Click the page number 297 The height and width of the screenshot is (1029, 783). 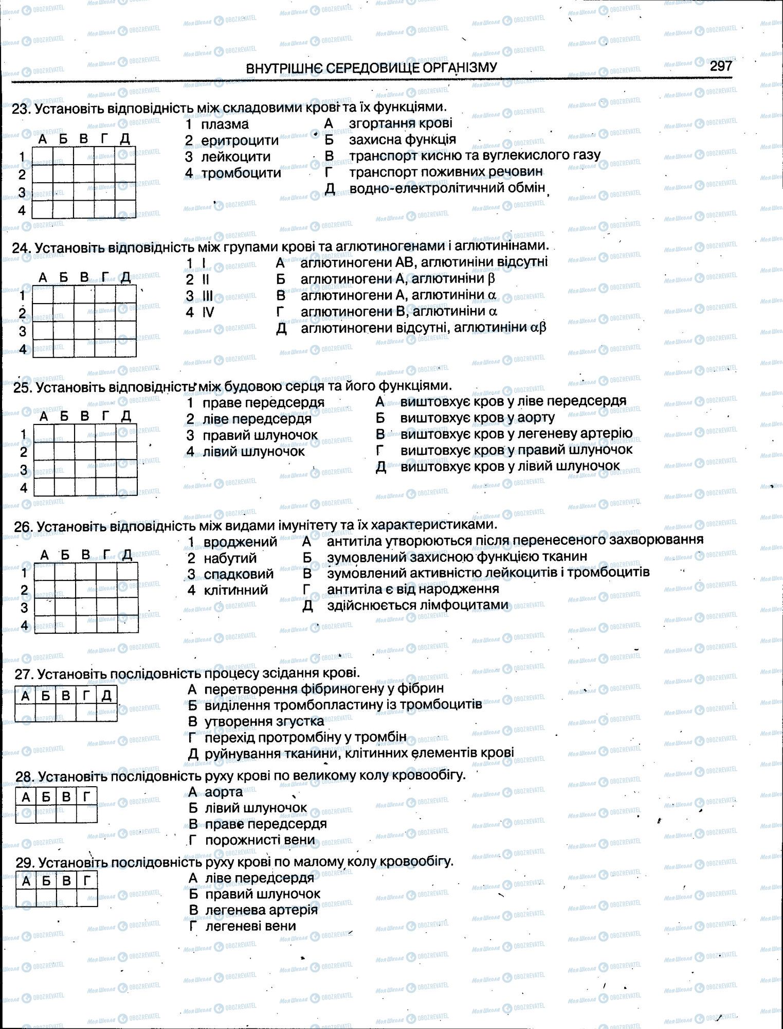[721, 66]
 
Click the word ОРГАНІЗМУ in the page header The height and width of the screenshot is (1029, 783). [461, 68]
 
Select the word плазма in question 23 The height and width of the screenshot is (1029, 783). [225, 124]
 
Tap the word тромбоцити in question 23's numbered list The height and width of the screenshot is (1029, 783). [241, 173]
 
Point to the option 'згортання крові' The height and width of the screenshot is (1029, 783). [400, 123]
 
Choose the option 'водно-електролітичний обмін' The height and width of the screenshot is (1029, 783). [447, 188]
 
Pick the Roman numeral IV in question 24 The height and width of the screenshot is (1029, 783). [207, 312]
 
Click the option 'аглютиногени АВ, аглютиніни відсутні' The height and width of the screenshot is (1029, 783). [424, 262]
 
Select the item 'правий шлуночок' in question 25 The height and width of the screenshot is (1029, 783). [260, 435]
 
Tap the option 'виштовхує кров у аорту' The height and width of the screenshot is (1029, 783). [477, 417]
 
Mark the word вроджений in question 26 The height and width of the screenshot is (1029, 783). [240, 542]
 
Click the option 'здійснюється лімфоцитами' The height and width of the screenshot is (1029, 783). [417, 605]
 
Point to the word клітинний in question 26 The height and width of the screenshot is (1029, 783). [236, 590]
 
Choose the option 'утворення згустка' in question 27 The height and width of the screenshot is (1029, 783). [264, 721]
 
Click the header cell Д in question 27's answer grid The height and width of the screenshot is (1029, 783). [106, 696]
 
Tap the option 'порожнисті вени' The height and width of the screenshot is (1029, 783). [260, 840]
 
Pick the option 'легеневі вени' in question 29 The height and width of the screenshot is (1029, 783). [250, 926]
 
